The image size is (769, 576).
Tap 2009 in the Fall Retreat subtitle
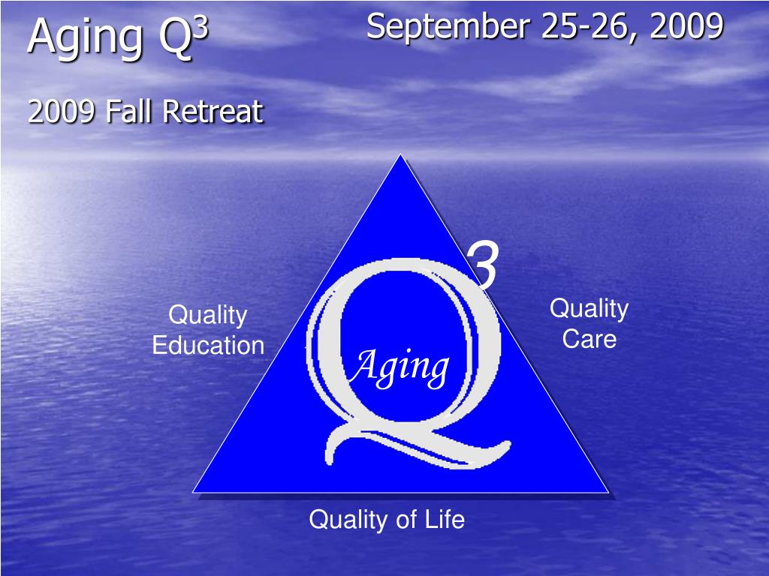coord(62,112)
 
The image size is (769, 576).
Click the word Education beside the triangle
coord(208,346)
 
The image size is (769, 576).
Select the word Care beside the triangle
coord(590,339)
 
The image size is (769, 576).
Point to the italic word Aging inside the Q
coord(401,367)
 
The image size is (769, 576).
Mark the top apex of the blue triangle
coord(402,156)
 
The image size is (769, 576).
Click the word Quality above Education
coord(208,316)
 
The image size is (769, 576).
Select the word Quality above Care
coord(590,308)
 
